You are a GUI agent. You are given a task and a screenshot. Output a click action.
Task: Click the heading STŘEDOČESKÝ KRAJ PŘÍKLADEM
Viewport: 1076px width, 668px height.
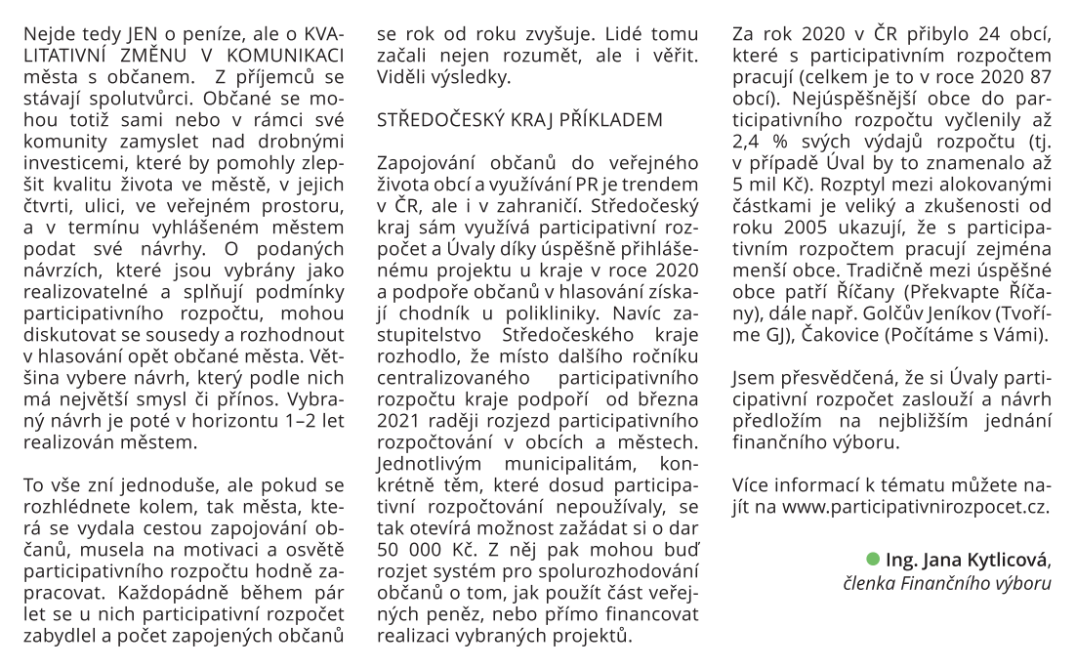pos(519,119)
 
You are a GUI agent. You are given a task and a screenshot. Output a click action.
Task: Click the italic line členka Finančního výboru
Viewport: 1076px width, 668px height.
pos(947,583)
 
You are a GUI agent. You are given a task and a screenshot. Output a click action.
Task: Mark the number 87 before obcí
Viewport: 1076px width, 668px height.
pos(1038,76)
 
